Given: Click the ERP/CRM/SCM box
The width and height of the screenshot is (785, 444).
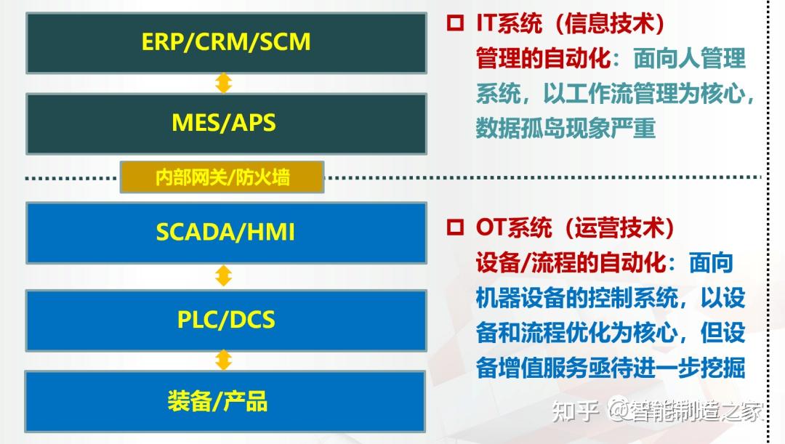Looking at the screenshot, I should pyautogui.click(x=226, y=42).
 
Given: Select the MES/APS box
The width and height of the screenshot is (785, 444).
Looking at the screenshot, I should pyautogui.click(x=226, y=123).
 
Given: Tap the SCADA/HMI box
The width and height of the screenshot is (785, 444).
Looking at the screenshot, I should pyautogui.click(x=226, y=233).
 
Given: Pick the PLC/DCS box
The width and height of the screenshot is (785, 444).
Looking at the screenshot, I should pyautogui.click(x=226, y=320).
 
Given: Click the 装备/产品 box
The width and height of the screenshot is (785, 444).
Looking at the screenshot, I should pyautogui.click(x=226, y=401).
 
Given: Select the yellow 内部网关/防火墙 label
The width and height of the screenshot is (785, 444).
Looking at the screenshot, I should pyautogui.click(x=222, y=177).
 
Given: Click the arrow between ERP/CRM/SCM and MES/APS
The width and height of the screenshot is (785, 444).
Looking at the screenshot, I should pyautogui.click(x=224, y=82).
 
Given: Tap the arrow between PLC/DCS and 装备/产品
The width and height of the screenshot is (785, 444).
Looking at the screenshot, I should pyautogui.click(x=224, y=360).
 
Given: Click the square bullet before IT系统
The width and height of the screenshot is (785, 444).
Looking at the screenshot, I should pyautogui.click(x=456, y=23).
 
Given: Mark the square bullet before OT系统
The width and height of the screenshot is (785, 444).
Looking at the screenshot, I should pyautogui.click(x=456, y=227).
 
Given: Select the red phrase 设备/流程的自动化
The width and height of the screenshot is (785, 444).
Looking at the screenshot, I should pyautogui.click(x=571, y=262).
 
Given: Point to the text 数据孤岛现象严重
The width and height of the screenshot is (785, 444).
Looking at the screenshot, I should pyautogui.click(x=565, y=129).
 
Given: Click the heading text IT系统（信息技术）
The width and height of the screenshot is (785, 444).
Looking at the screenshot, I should pyautogui.click(x=571, y=23).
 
